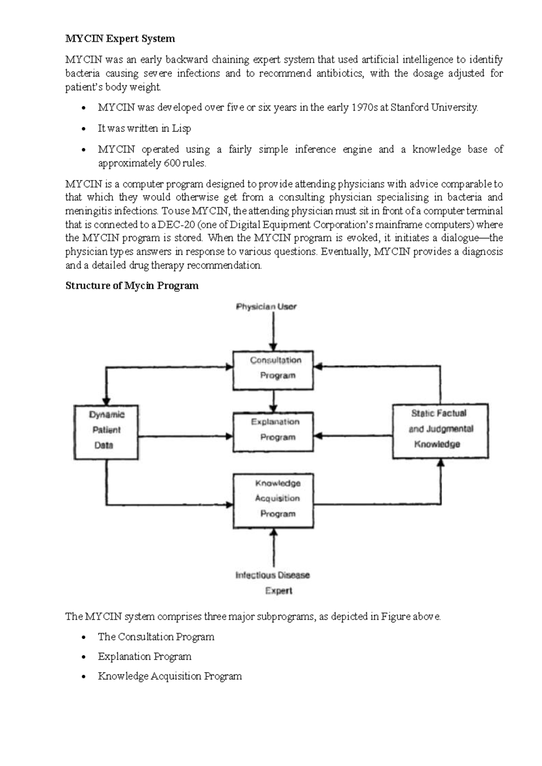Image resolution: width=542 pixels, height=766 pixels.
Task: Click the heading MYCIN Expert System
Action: pyautogui.click(x=120, y=39)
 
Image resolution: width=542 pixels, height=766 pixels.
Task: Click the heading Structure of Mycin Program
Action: pyautogui.click(x=132, y=285)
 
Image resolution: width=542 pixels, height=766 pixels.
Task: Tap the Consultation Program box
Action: pyautogui.click(x=273, y=370)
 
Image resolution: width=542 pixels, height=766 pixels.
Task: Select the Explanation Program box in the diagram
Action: pyautogui.click(x=273, y=431)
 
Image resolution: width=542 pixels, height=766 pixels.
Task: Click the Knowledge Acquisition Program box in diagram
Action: pyautogui.click(x=273, y=500)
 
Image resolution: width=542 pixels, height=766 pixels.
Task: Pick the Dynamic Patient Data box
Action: pyautogui.click(x=106, y=432)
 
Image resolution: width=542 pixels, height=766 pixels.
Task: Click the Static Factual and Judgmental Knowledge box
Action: pyautogui.click(x=440, y=431)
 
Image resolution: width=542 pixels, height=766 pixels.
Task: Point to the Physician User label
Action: pyautogui.click(x=266, y=307)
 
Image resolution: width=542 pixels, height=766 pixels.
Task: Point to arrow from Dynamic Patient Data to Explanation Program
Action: pyautogui.click(x=185, y=436)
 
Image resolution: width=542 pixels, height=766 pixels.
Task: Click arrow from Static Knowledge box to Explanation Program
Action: pyautogui.click(x=352, y=436)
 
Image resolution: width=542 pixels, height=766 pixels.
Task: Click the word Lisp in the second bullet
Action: pyautogui.click(x=182, y=129)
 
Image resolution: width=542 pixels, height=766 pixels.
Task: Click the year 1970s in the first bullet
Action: pyautogui.click(x=364, y=107)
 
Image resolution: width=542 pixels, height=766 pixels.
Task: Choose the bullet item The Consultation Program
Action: pyautogui.click(x=156, y=637)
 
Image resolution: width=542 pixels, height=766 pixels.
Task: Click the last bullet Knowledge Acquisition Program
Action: pyautogui.click(x=170, y=676)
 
